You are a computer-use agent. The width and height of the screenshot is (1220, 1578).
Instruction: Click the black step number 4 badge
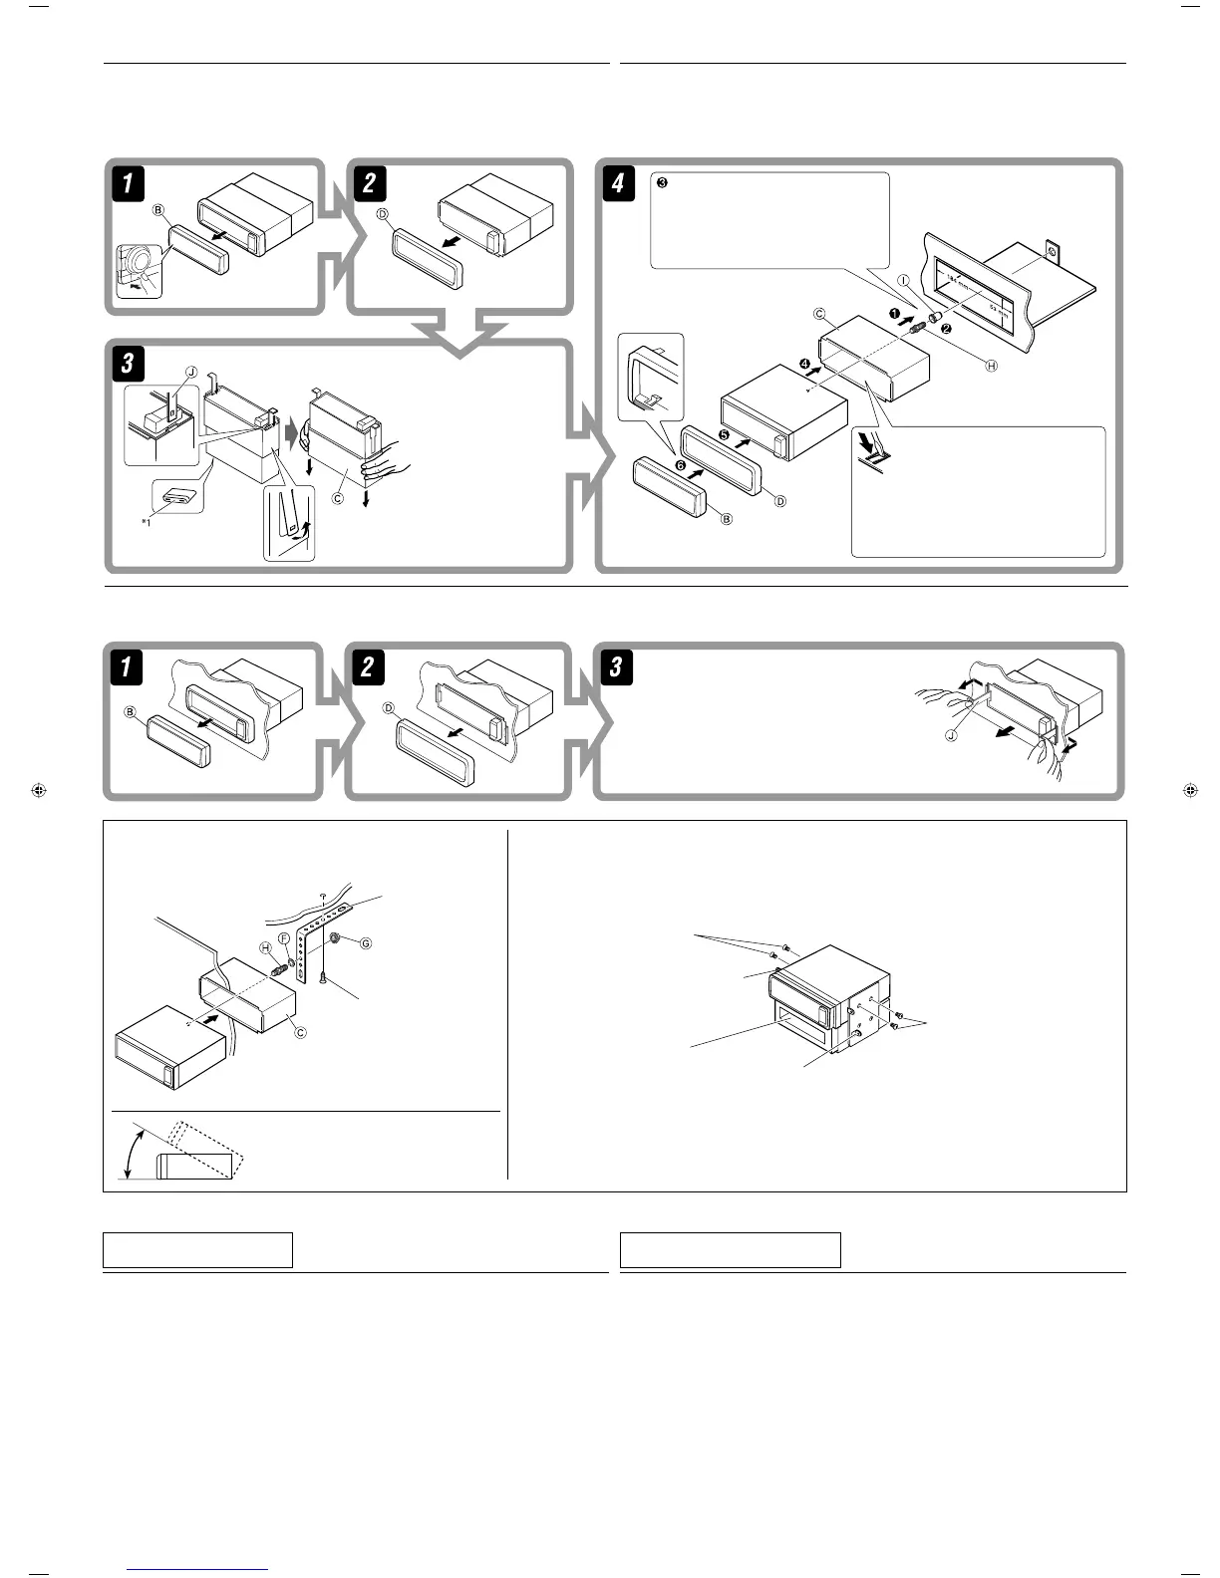619,184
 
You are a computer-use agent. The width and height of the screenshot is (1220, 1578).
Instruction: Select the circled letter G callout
366,942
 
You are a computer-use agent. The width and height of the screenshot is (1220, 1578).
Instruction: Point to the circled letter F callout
284,938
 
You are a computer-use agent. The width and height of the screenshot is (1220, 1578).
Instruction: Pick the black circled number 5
725,434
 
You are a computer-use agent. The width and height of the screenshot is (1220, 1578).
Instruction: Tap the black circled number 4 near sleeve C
804,391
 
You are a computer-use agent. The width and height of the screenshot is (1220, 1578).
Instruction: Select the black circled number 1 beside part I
896,314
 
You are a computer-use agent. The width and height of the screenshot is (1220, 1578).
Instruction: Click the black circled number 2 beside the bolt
945,328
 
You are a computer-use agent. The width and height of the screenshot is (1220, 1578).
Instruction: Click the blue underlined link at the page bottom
198,1569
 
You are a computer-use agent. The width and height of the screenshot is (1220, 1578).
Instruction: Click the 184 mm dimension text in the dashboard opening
961,282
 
